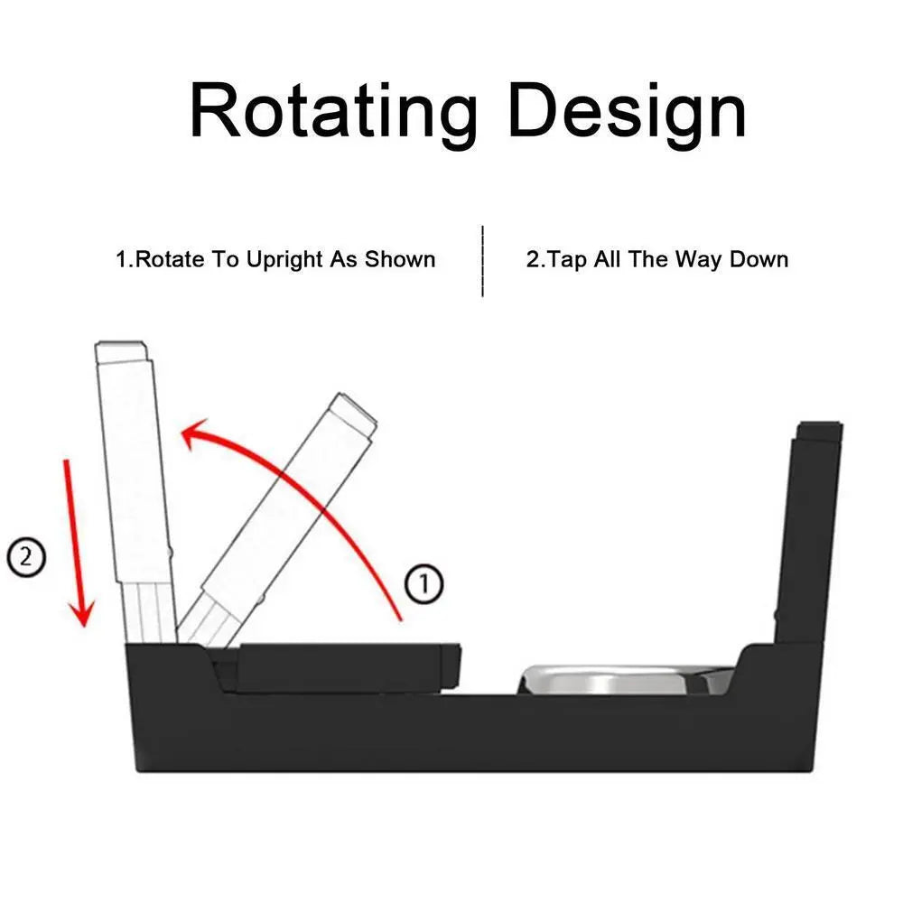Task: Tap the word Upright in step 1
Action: point(281,260)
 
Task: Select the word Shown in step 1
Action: point(400,260)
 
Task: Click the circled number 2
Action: point(25,557)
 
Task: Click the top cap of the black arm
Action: point(819,431)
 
